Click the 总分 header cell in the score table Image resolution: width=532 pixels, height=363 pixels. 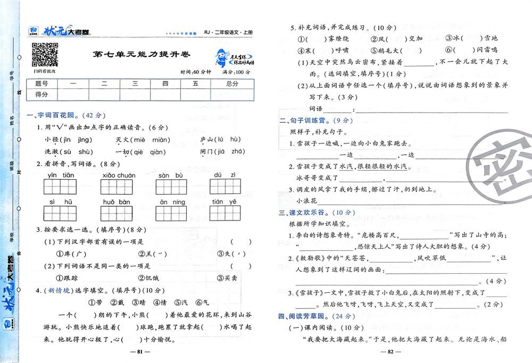coord(232,83)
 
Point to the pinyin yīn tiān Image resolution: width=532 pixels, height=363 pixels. coord(61,175)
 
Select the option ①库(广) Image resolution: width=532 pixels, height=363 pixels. coord(71,254)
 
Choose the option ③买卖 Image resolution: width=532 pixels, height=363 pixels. coord(228,278)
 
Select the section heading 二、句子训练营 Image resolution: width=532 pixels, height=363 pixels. coord(307,121)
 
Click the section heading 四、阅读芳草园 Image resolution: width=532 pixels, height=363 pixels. coord(307,317)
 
